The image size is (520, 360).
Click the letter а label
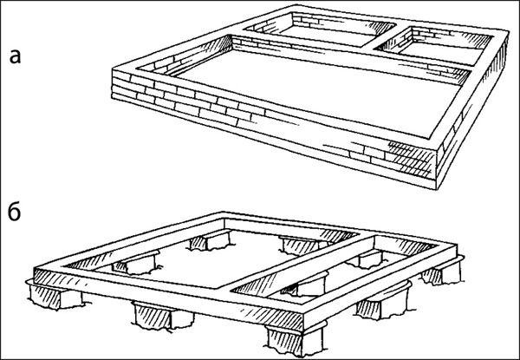pyautogui.click(x=15, y=56)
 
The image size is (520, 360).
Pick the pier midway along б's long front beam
pyautogui.click(x=163, y=315)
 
